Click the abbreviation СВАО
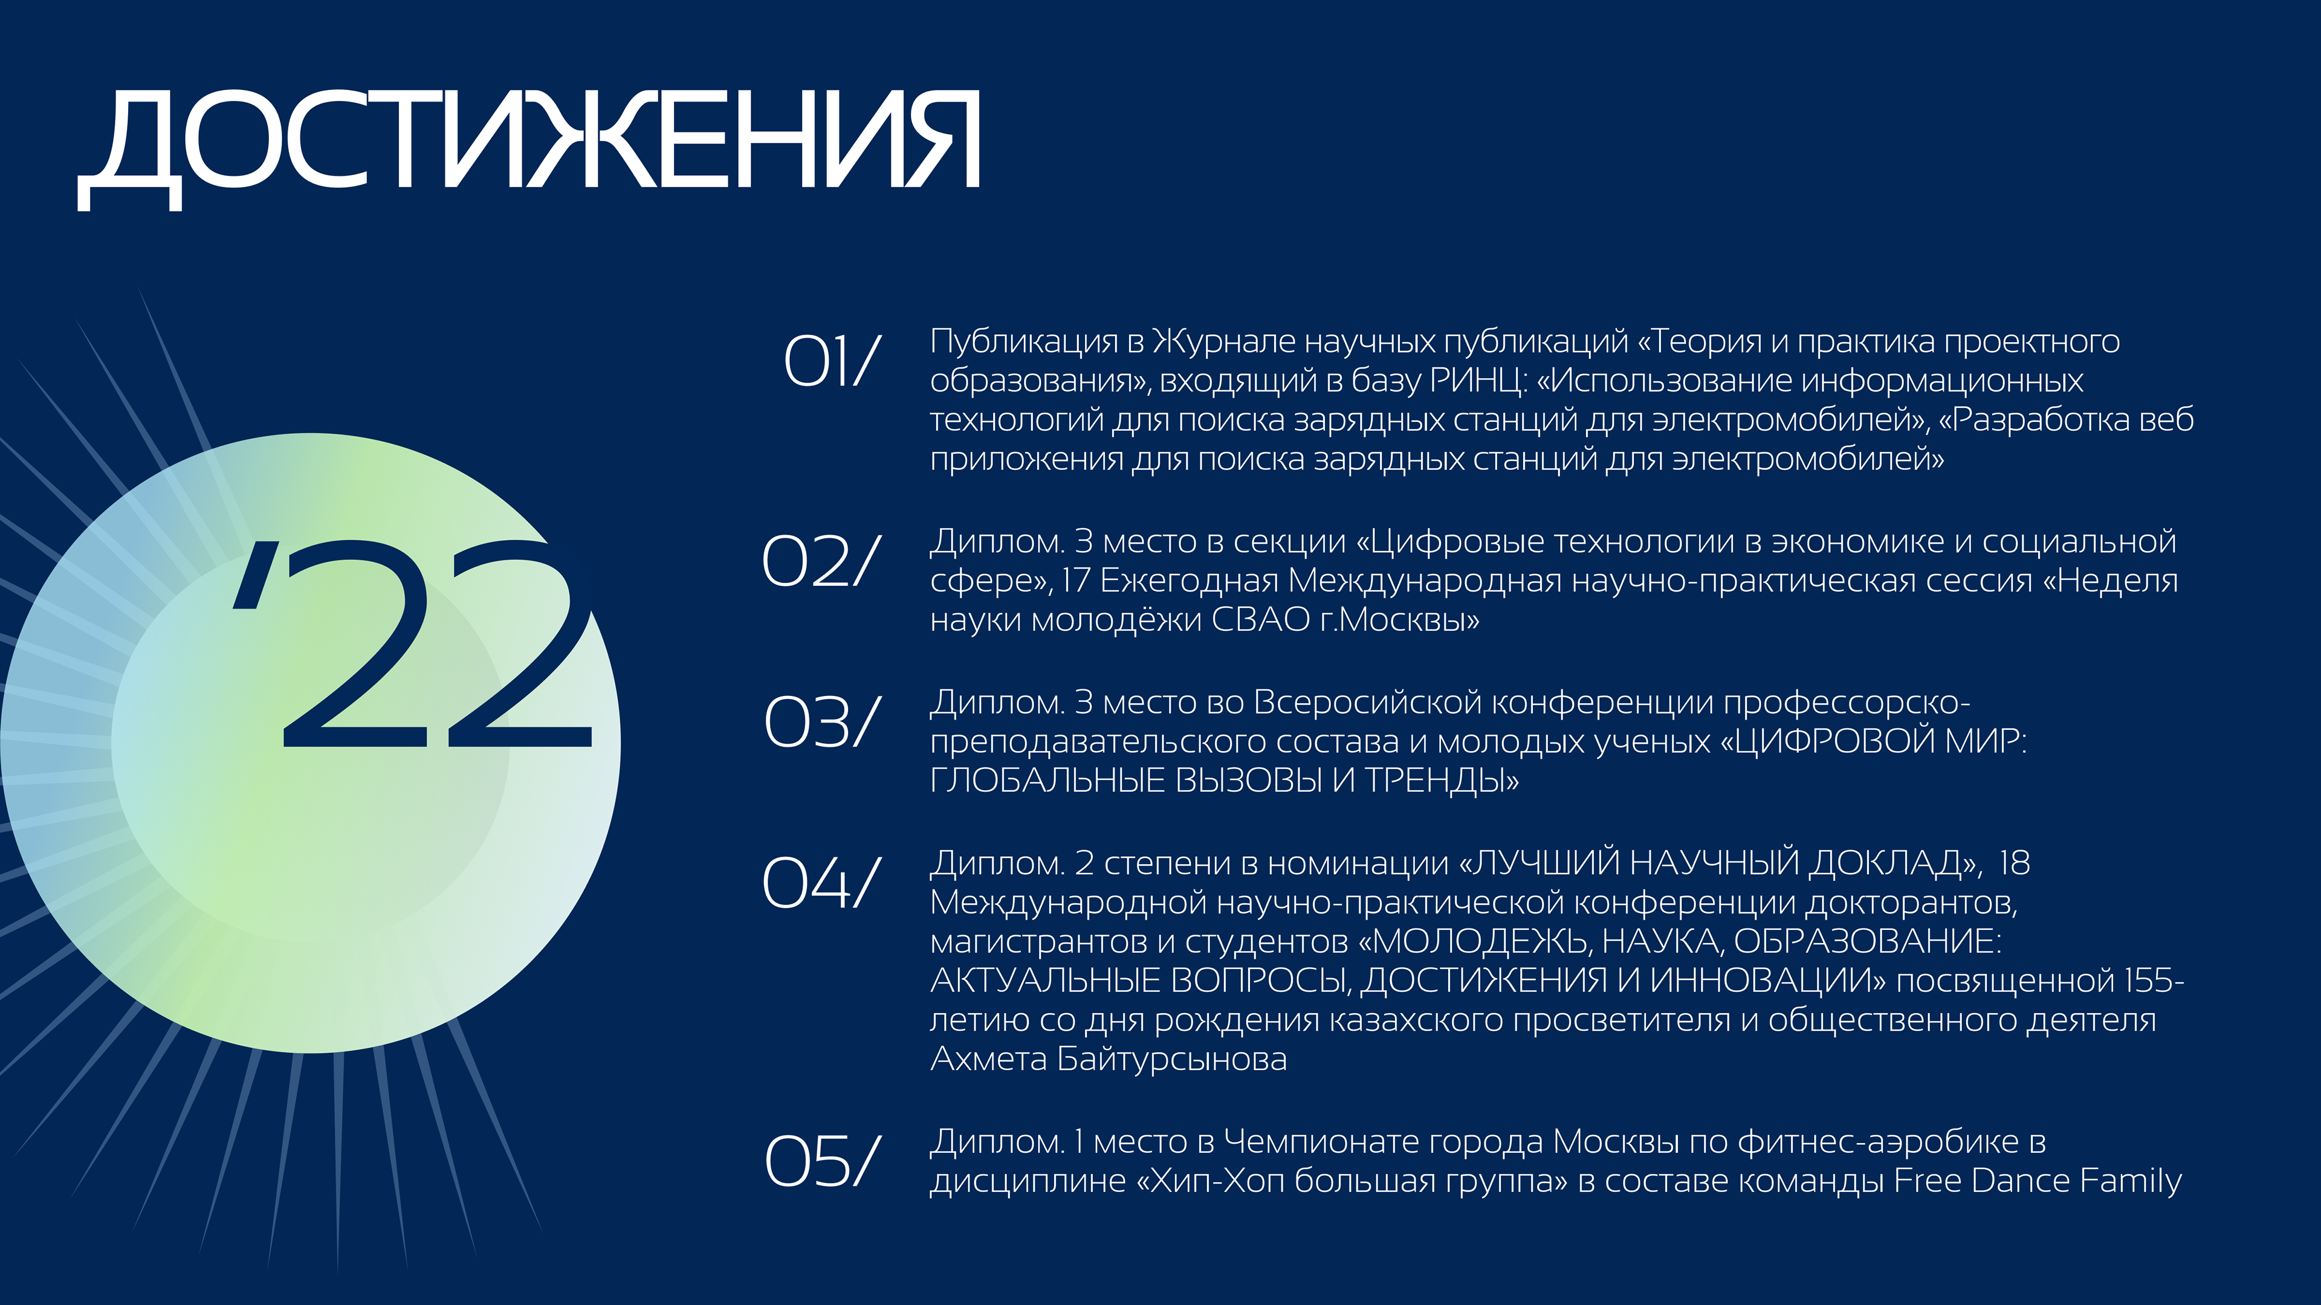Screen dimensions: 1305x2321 click(x=1260, y=620)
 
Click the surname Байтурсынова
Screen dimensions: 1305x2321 click(x=1171, y=1059)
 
